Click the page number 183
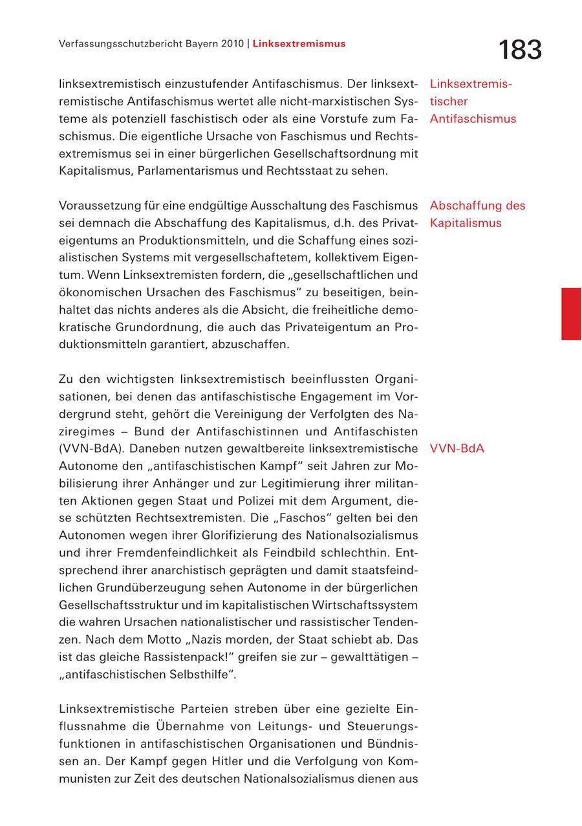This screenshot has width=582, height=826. [x=520, y=50]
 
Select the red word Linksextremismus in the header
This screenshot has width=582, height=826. [x=299, y=44]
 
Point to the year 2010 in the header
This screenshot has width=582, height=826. [x=230, y=44]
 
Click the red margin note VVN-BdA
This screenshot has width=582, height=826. [x=457, y=448]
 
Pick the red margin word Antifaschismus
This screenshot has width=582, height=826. [x=473, y=118]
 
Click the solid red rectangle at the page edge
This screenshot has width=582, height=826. [x=571, y=314]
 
